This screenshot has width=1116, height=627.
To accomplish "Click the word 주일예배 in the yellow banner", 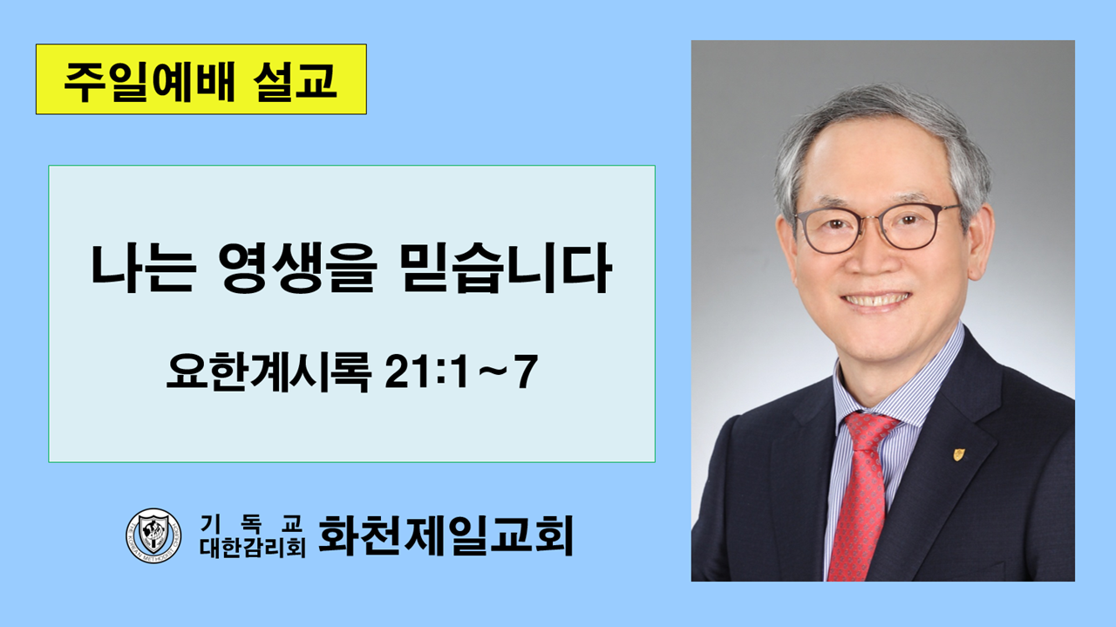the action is (148, 80).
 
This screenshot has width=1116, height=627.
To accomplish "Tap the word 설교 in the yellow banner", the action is (295, 80).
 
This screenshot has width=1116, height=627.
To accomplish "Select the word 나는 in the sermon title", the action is (141, 269).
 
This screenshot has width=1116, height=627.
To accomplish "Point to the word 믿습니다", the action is (506, 269).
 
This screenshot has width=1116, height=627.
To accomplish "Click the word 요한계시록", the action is (269, 371).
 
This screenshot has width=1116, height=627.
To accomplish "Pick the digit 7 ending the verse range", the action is (527, 371).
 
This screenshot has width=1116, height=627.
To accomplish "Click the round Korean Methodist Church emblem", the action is (153, 535).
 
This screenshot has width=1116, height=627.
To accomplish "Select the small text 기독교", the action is (251, 523).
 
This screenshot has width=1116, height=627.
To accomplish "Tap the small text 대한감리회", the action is (253, 548).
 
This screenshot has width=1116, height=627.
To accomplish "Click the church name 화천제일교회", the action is (446, 535).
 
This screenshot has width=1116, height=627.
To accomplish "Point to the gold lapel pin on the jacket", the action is (959, 454).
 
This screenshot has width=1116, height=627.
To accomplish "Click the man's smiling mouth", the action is (875, 300).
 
